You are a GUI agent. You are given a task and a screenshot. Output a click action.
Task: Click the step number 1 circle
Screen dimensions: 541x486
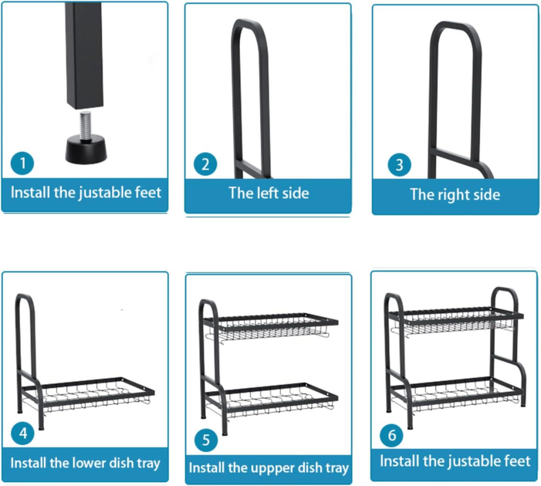[22, 163]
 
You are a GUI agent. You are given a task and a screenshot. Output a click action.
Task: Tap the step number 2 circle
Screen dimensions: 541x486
[205, 164]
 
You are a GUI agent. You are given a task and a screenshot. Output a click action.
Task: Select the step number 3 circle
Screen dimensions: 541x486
[399, 165]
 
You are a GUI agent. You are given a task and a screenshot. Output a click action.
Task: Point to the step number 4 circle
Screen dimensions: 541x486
[23, 434]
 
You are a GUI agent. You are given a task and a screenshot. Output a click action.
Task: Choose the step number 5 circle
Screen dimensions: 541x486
[206, 440]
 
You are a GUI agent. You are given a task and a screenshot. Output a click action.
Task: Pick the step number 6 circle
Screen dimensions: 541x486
[391, 435]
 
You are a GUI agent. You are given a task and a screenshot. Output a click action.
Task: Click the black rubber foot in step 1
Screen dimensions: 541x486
[86, 150]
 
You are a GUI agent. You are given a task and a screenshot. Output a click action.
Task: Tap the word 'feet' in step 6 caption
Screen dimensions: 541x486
[517, 461]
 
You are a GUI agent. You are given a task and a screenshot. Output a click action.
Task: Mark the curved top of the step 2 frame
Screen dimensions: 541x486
[249, 25]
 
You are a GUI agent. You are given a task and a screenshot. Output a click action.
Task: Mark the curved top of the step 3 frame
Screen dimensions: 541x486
[455, 28]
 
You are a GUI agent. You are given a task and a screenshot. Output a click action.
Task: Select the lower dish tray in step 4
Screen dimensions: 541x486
[88, 394]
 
